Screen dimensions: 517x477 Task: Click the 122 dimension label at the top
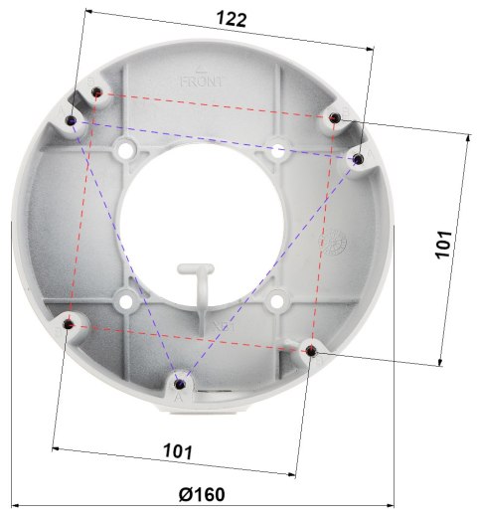[231, 19]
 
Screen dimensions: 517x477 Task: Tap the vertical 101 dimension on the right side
[444, 245]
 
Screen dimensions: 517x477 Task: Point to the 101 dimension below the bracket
[177, 450]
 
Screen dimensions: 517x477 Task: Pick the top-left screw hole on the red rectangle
[96, 92]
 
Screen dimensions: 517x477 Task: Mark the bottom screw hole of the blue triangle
[179, 382]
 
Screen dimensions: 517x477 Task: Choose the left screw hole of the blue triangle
[73, 121]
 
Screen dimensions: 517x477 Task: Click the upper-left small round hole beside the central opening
[124, 149]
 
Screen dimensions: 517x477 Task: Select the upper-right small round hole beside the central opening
[277, 149]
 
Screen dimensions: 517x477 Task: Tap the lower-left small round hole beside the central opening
[124, 297]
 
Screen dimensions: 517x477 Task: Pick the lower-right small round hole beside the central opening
[275, 299]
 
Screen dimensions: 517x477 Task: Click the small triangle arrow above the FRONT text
[202, 68]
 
